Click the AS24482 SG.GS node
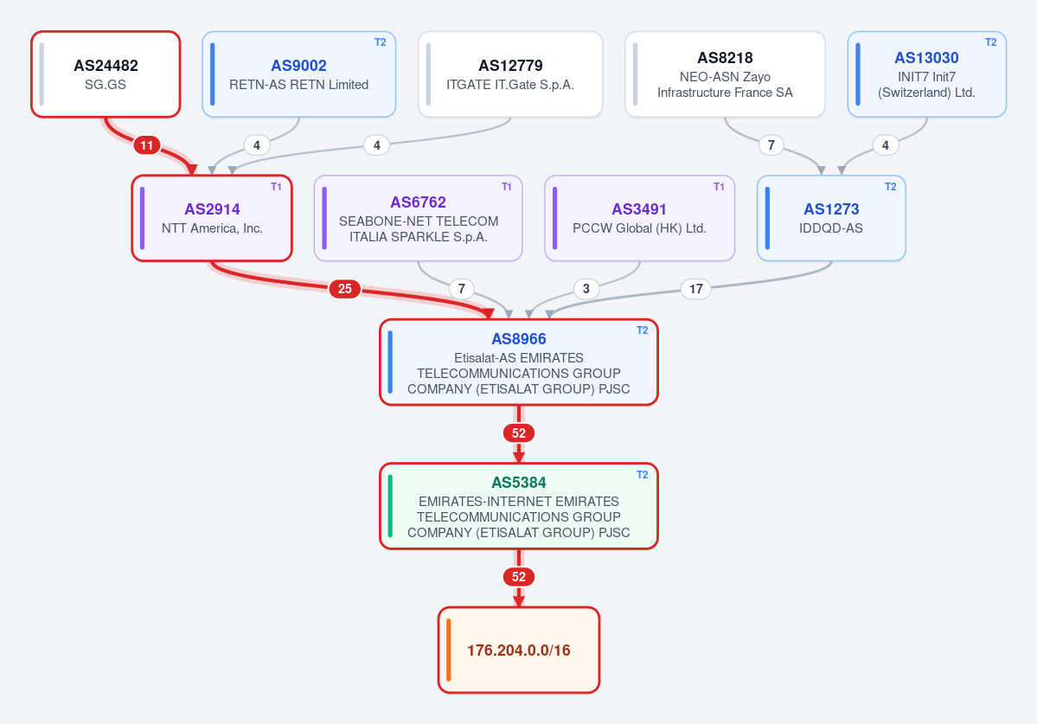click(106, 74)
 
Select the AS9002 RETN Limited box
click(299, 74)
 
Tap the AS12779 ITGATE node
click(510, 74)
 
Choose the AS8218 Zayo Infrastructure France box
click(725, 74)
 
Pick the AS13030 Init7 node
click(926, 74)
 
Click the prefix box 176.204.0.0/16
click(519, 650)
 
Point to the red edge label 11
click(147, 144)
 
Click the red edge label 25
click(344, 288)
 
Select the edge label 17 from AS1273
click(695, 288)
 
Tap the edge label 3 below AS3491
click(586, 288)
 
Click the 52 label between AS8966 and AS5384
click(519, 433)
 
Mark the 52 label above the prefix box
click(519, 577)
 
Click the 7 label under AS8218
click(771, 144)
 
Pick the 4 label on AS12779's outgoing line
click(376, 144)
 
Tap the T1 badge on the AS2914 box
click(276, 187)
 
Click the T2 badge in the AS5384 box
click(642, 475)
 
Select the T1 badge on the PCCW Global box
click(719, 187)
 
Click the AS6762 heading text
click(418, 202)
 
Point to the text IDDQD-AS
click(830, 228)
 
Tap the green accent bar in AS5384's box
click(390, 506)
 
